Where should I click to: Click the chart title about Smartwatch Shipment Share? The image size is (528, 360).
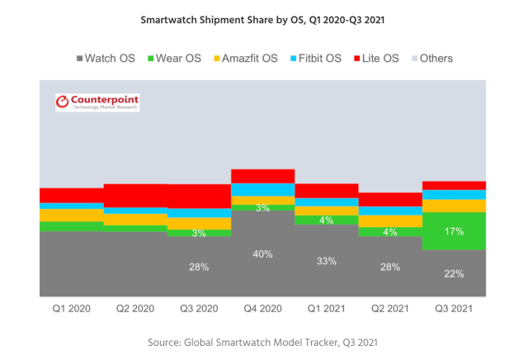(x=263, y=17)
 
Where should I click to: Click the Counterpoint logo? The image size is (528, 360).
(x=97, y=102)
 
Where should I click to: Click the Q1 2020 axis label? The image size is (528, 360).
(x=71, y=310)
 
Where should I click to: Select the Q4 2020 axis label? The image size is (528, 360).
(x=263, y=310)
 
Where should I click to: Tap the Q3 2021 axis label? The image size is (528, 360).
(x=454, y=310)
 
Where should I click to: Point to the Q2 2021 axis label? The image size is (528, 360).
(x=389, y=310)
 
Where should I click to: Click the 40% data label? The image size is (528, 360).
(x=263, y=253)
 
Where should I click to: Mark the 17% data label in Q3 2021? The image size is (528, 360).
(x=454, y=232)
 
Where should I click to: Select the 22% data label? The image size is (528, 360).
(x=454, y=273)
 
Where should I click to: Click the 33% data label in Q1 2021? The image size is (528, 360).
(x=327, y=261)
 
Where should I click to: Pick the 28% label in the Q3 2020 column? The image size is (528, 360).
(x=199, y=267)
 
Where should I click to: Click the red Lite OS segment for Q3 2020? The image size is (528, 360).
(x=199, y=196)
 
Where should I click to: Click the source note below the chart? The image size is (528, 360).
(x=263, y=341)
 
